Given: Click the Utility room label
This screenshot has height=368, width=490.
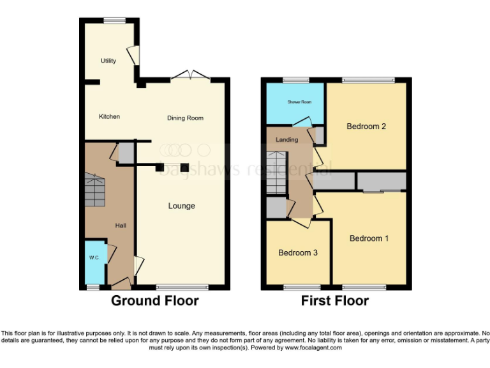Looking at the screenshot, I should pyautogui.click(x=108, y=61).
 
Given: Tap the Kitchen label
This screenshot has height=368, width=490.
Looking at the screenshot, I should pyautogui.click(x=109, y=116).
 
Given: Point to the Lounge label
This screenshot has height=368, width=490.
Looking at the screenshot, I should pyautogui.click(x=181, y=206).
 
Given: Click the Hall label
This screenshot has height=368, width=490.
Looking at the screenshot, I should pyautogui.click(x=120, y=226).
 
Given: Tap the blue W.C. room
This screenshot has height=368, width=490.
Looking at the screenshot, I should pyautogui.click(x=94, y=261).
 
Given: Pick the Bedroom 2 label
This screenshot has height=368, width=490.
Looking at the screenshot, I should pyautogui.click(x=366, y=126).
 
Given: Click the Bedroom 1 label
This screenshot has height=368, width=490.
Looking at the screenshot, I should pyautogui.click(x=369, y=238).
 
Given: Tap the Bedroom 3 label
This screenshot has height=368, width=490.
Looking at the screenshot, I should pyautogui.click(x=298, y=253).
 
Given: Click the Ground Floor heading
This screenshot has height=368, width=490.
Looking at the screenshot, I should pyautogui.click(x=155, y=300).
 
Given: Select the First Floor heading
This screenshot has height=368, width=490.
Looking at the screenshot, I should pyautogui.click(x=335, y=300).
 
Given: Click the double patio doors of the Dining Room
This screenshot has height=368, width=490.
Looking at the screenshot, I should pyautogui.click(x=190, y=76).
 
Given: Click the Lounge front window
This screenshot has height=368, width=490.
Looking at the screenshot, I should pyautogui.click(x=182, y=287).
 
